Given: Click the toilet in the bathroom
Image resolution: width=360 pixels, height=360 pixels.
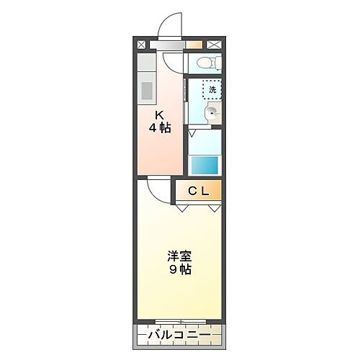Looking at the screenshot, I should pos(207,63).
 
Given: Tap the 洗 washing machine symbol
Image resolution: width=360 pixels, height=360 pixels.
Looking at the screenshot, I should pos(212,90).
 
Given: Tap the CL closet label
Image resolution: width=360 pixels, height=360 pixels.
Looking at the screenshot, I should pos(199,192).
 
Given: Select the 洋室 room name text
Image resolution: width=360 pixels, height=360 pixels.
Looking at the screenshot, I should pos(180,256).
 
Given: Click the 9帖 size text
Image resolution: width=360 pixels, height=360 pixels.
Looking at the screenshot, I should pos(180,270).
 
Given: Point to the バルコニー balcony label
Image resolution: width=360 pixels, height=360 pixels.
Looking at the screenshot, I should pos(180,336).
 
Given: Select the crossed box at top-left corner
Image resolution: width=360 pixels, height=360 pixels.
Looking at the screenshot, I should pos(141,44).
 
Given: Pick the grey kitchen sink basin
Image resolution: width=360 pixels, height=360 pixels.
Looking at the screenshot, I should pos(145,91).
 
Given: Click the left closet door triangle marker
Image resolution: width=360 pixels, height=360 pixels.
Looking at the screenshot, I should pos(180,207).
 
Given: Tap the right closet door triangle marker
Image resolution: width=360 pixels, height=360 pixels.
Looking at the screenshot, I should pos(215,207).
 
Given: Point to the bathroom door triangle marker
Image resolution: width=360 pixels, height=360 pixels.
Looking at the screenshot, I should pos(192,132).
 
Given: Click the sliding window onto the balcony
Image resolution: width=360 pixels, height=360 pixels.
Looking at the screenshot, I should pos(180,320).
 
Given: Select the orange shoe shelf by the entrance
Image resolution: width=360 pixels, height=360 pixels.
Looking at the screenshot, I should pos(193,44).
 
